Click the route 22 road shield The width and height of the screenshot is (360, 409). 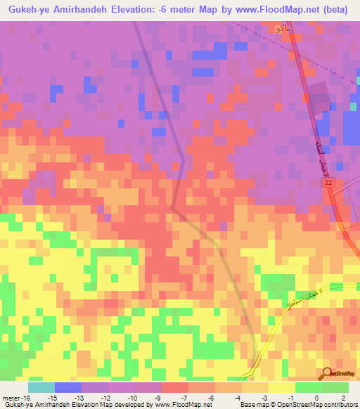click(x=328, y=182)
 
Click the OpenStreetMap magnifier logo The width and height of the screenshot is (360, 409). click(x=327, y=373)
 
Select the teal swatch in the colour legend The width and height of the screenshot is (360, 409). click(x=41, y=387)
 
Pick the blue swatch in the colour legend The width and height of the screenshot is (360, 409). click(x=68, y=387)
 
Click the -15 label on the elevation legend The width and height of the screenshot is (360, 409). click(x=52, y=398)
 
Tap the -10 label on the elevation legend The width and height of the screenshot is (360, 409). click(x=133, y=398)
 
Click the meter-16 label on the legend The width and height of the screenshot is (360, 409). click(x=15, y=398)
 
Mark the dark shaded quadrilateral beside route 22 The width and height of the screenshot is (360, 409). click(x=319, y=98)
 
